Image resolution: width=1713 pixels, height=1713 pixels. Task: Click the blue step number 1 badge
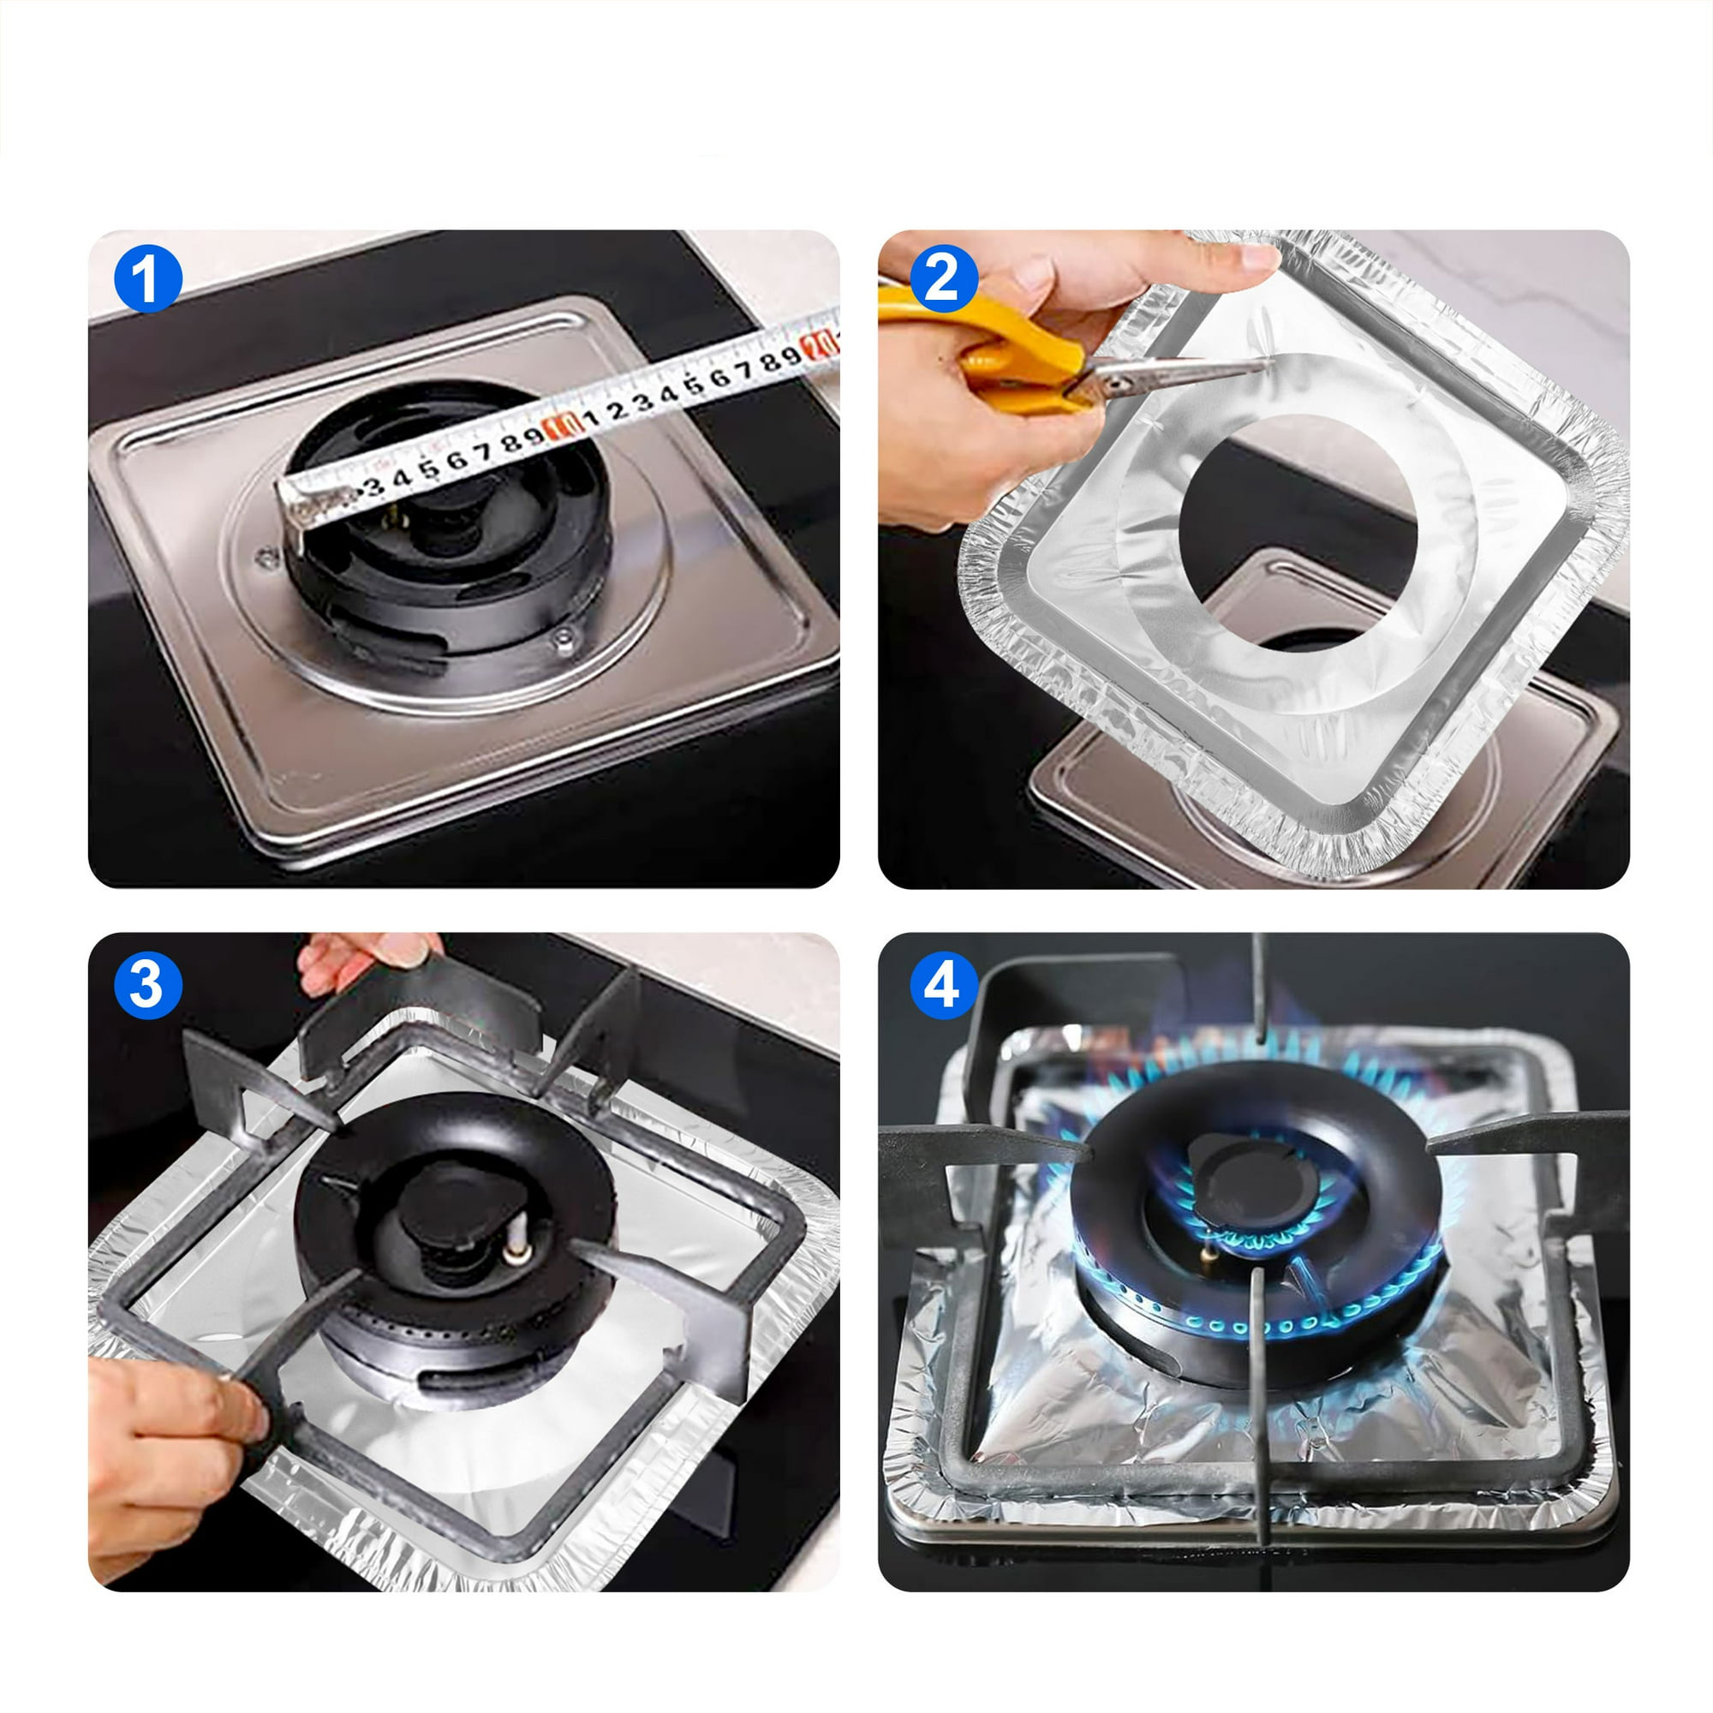[x=148, y=278]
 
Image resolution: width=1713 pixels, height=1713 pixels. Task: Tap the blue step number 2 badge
[x=942, y=278]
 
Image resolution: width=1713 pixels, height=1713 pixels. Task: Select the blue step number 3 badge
[x=148, y=984]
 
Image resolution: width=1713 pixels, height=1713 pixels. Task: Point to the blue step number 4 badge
[x=942, y=984]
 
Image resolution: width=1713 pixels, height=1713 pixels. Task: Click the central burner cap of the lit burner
[x=1241, y=1175]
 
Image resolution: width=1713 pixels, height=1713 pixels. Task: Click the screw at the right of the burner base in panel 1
[x=562, y=637]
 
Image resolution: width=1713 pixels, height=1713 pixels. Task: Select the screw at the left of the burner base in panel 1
[x=263, y=559]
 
